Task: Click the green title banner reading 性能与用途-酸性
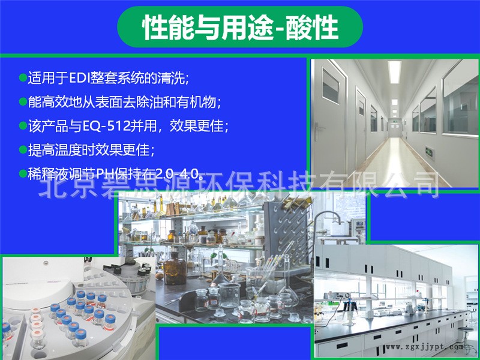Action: pyautogui.click(x=240, y=27)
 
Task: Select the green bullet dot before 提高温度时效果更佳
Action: pyautogui.click(x=23, y=151)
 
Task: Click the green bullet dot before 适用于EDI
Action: pyautogui.click(x=23, y=78)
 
